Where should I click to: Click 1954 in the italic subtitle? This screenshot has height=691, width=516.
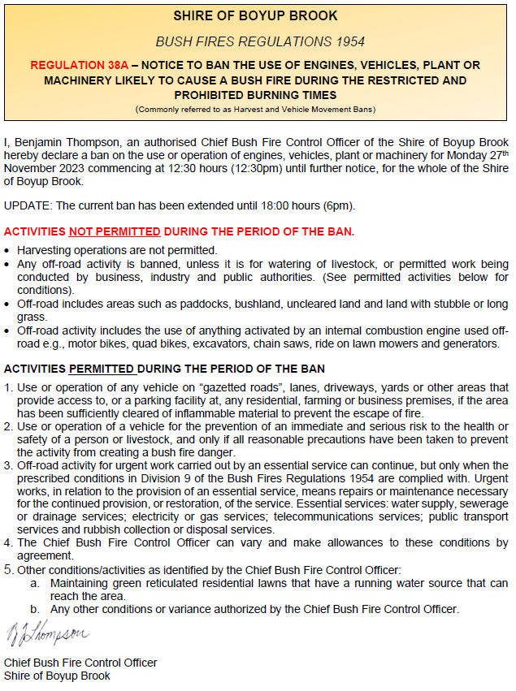click(x=348, y=41)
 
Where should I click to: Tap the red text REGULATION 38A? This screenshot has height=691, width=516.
click(x=72, y=65)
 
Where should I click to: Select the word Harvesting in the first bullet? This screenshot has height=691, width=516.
click(x=45, y=250)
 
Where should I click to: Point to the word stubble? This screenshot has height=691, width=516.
click(x=450, y=304)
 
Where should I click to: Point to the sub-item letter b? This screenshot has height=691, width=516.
click(x=36, y=608)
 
